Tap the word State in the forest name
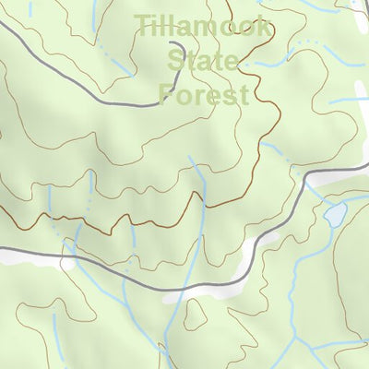tap(203, 61)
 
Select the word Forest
tap(204, 94)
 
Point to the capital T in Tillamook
tap(143, 25)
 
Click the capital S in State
tap(175, 61)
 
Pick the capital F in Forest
tap(167, 94)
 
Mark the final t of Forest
tap(243, 95)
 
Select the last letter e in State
tap(232, 63)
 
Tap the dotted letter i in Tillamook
tap(155, 25)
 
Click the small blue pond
tap(334, 215)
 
